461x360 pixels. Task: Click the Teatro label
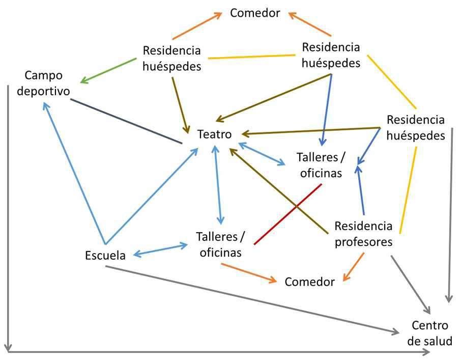(x=215, y=134)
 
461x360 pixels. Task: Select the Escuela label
(x=105, y=255)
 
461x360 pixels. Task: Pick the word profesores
(x=364, y=242)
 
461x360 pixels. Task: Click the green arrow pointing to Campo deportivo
(x=108, y=70)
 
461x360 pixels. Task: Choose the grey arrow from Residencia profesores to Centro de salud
(x=411, y=285)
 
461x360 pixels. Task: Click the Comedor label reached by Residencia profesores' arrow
(x=309, y=282)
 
